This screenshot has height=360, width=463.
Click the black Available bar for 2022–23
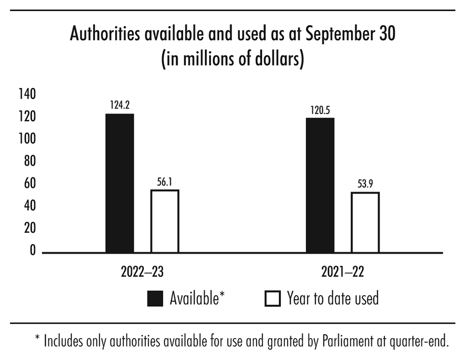tap(120, 183)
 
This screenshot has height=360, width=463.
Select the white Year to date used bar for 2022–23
tap(165, 221)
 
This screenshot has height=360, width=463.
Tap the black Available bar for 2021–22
tap(320, 185)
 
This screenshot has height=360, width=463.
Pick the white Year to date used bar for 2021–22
tap(365, 223)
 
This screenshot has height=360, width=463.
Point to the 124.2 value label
tap(120, 105)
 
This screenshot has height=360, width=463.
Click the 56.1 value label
tap(165, 181)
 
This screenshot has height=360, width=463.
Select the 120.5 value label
tap(320, 109)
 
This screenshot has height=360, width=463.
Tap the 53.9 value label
tap(365, 184)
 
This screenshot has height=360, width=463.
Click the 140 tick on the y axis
tap(28, 95)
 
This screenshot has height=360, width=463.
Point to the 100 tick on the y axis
tap(28, 139)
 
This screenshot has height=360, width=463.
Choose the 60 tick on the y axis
tap(30, 184)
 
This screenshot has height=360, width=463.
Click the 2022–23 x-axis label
tap(142, 272)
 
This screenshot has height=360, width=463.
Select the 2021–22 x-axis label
tap(343, 272)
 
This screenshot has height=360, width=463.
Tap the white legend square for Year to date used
tap(272, 298)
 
